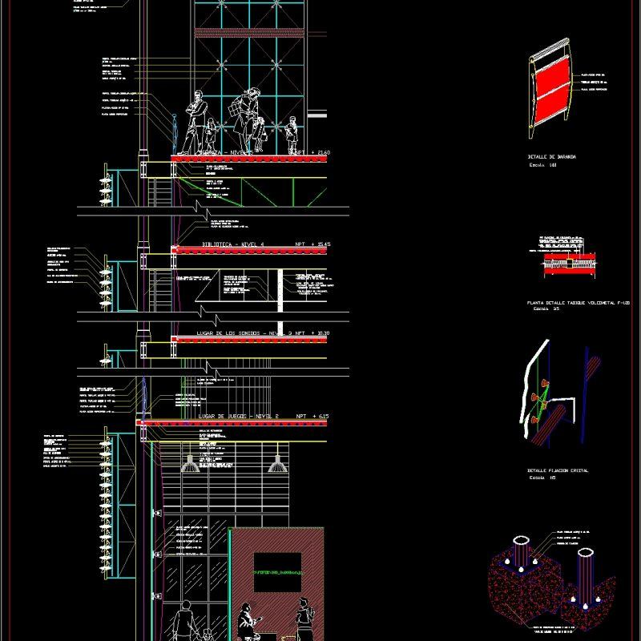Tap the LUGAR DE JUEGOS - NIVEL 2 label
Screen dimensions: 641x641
237,417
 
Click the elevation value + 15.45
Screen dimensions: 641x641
312,244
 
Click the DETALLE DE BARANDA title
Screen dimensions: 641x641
552,157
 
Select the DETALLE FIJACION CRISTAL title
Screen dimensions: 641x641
557,471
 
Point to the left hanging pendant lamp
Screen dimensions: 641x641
190,463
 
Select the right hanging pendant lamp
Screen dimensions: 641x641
275,463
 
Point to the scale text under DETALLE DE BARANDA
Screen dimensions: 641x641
542,165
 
